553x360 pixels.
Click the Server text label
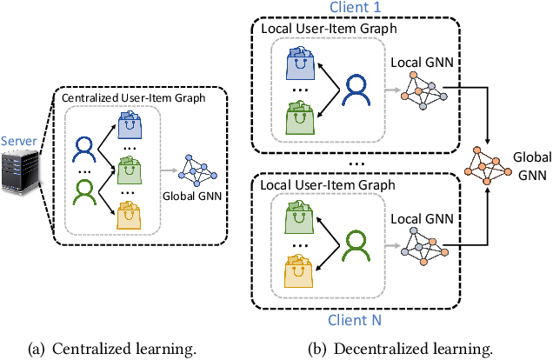(19, 141)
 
